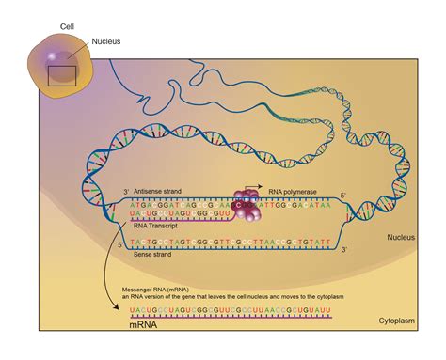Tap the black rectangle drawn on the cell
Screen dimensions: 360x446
pos(63,74)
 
